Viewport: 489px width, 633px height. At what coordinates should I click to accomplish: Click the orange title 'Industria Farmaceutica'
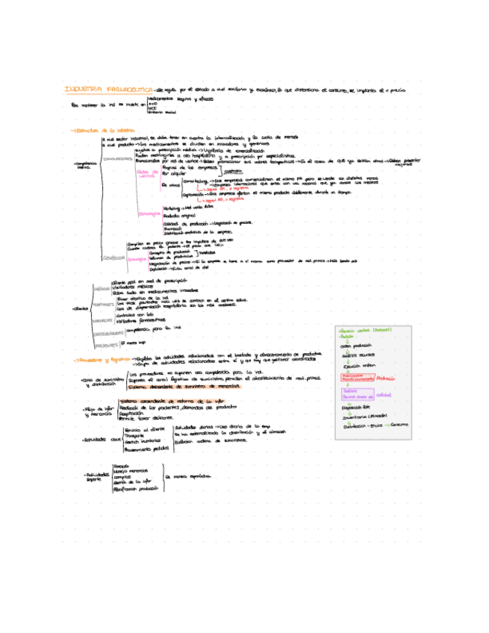[x=109, y=90]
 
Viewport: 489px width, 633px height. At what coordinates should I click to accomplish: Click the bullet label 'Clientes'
[x=79, y=308]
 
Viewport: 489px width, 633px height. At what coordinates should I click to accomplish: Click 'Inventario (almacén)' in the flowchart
[x=360, y=415]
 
